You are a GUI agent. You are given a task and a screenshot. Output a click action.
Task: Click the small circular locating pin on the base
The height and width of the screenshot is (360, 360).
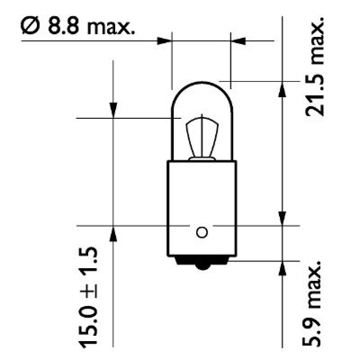point(202,232)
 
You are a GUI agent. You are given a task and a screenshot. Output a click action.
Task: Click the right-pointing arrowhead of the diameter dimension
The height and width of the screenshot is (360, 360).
point(165,40)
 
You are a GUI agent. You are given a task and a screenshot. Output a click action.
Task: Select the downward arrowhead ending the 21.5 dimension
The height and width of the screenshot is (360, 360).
point(282,217)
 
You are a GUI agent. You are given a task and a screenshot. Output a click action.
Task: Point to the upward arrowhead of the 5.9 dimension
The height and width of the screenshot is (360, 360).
point(282,269)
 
